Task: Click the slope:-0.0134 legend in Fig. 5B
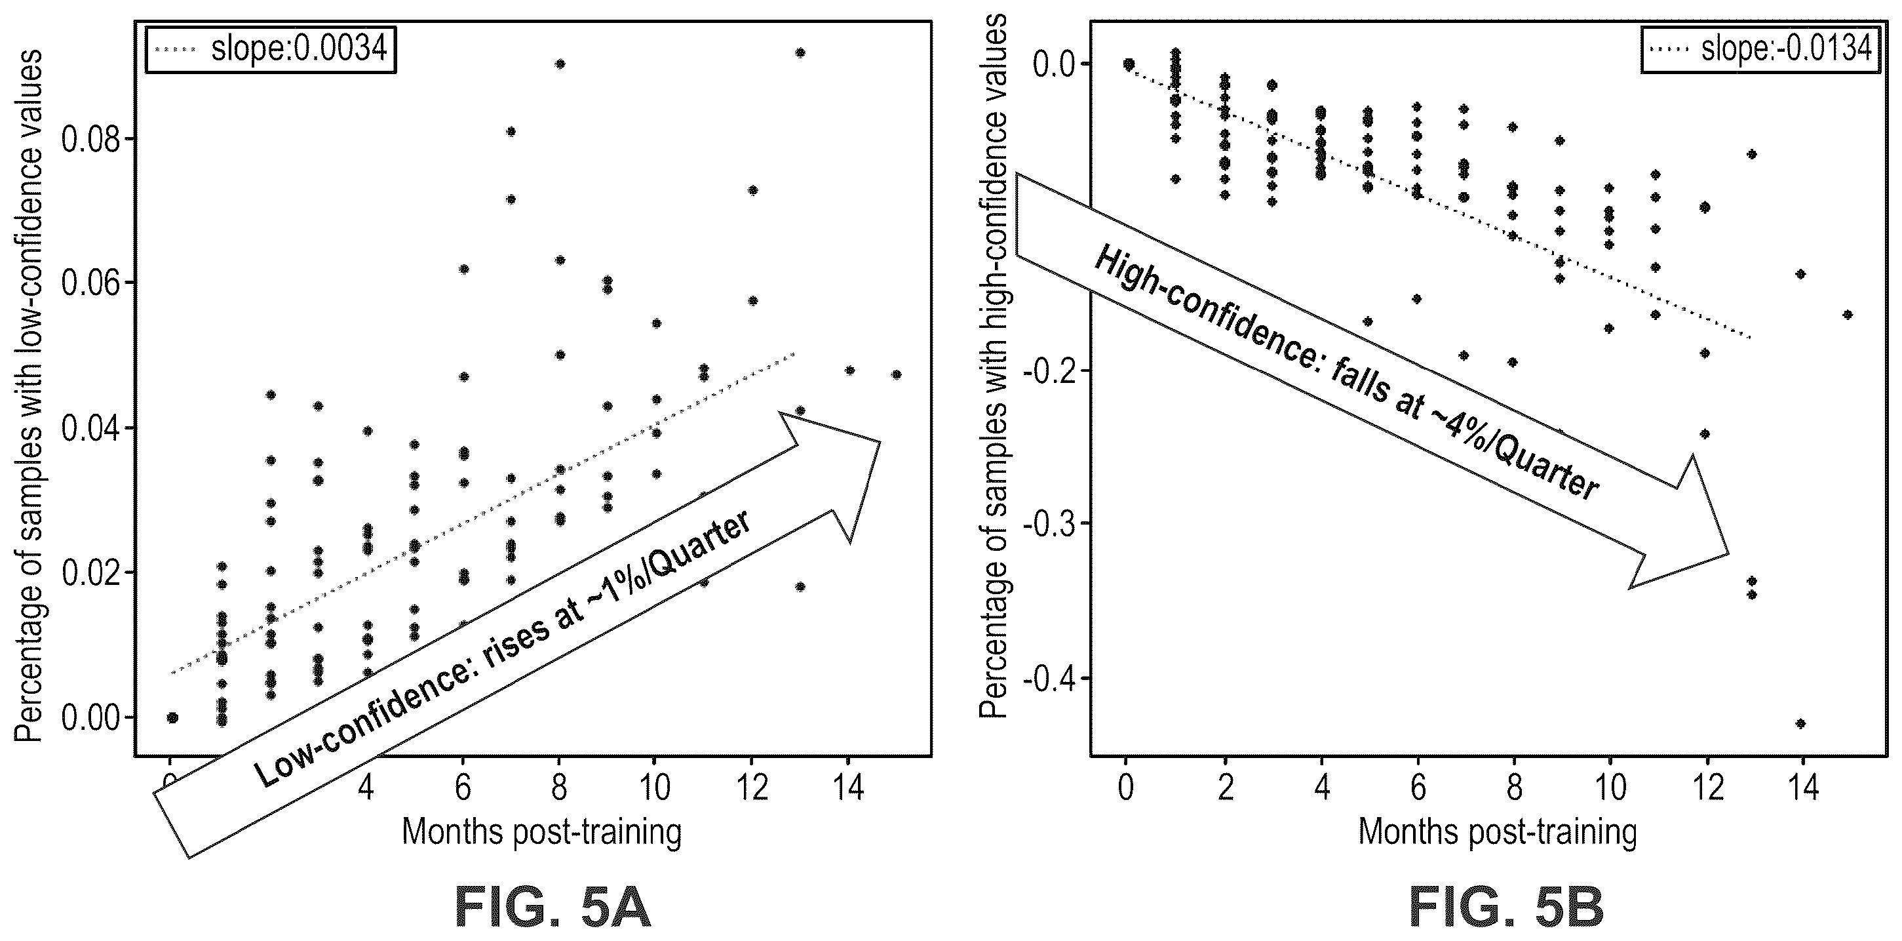coord(1760,49)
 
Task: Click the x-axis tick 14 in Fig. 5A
coord(849,788)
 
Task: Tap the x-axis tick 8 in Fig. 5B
coord(1515,788)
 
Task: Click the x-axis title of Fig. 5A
coord(541,832)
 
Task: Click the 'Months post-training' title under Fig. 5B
coord(1498,832)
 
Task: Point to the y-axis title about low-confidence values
coord(29,396)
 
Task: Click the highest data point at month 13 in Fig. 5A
coord(800,52)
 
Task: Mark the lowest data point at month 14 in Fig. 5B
coord(1801,724)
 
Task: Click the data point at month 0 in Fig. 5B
coord(1128,64)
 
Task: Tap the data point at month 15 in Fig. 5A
coord(897,374)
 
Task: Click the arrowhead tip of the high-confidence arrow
coord(1729,553)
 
